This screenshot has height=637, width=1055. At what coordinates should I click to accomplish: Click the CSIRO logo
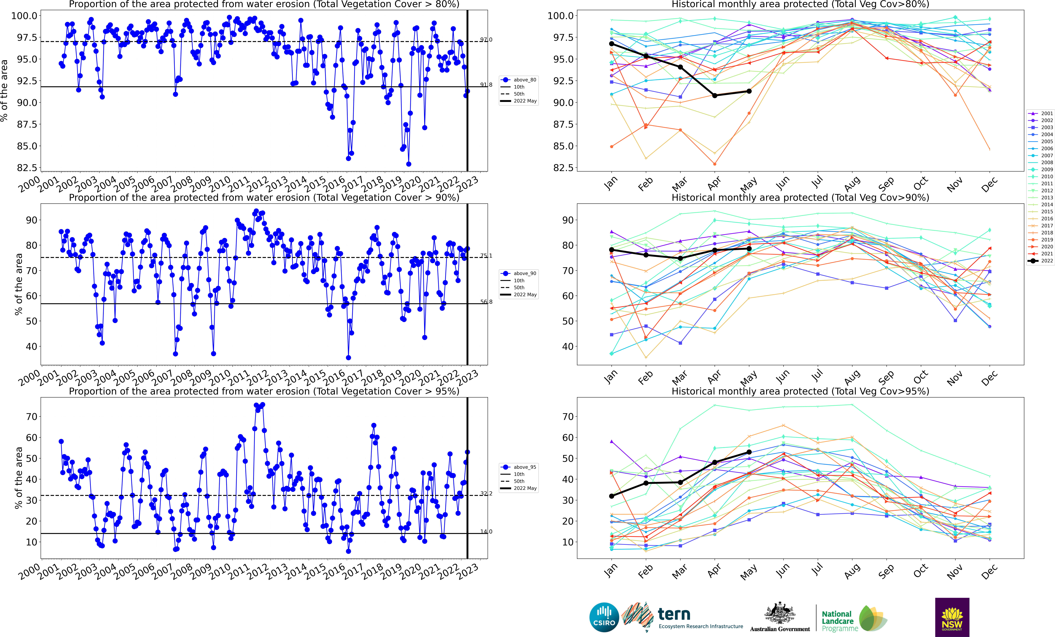(x=604, y=617)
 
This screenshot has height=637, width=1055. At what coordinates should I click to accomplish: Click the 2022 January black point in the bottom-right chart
(x=611, y=496)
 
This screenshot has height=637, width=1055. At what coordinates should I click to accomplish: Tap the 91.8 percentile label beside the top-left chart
(x=486, y=85)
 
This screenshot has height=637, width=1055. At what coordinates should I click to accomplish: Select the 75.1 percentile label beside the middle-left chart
(x=486, y=256)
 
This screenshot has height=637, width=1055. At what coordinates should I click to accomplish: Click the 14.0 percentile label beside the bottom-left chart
(x=486, y=532)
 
